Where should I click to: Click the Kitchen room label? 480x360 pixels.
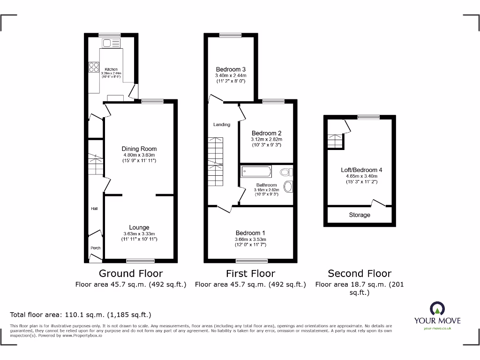111,69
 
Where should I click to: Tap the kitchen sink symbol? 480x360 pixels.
112,43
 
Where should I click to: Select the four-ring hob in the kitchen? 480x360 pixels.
94,67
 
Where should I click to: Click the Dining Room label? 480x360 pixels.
139,149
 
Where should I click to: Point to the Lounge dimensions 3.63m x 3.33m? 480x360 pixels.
139,234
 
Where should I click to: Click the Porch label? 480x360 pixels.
95,248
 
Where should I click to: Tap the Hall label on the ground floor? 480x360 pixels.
94,209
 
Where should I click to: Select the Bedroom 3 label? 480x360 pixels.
231,69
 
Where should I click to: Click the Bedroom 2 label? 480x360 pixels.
266,133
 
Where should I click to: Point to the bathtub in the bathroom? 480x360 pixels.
256,172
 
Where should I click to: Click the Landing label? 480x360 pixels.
222,125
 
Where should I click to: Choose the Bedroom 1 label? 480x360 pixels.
250,233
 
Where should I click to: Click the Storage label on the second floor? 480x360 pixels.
360,215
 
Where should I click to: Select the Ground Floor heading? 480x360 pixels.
131,273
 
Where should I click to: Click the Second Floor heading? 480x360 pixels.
359,273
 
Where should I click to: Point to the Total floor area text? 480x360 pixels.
81,315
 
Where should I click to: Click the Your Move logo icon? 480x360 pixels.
437,308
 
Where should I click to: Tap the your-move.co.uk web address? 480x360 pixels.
437,328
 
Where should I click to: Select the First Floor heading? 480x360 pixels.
250,273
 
